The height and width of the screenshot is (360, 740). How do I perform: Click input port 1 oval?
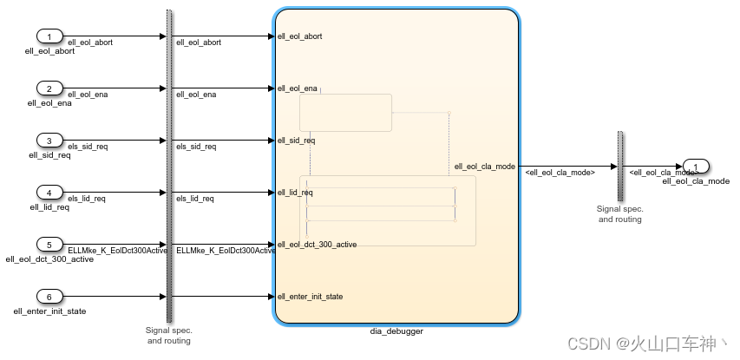pyautogui.click(x=50, y=36)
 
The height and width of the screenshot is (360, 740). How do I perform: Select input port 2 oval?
pyautogui.click(x=50, y=88)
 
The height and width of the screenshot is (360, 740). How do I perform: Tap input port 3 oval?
pyautogui.click(x=50, y=141)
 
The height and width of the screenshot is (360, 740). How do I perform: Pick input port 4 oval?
pyautogui.click(x=50, y=192)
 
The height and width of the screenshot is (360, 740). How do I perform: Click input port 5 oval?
pyautogui.click(x=50, y=244)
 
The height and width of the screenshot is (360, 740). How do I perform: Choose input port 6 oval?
pyautogui.click(x=50, y=296)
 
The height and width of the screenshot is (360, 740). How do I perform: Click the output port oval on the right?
pyautogui.click(x=696, y=166)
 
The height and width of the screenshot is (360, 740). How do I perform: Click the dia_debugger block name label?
pyautogui.click(x=396, y=331)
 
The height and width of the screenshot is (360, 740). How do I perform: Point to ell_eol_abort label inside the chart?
pyautogui.click(x=300, y=36)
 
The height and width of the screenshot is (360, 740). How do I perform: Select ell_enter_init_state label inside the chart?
pyautogui.click(x=310, y=297)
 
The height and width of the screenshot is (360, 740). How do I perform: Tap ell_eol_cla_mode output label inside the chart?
pyautogui.click(x=484, y=166)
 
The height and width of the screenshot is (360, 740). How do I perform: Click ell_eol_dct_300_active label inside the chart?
pyautogui.click(x=317, y=245)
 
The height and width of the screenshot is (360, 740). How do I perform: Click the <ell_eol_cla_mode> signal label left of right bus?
pyautogui.click(x=560, y=173)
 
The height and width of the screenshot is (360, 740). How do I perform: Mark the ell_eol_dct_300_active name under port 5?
pyautogui.click(x=49, y=259)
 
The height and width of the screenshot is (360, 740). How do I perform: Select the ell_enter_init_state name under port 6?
pyautogui.click(x=49, y=311)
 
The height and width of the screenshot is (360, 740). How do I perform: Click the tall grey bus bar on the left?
pyautogui.click(x=169, y=165)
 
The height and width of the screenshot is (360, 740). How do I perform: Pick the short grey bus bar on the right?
pyautogui.click(x=620, y=166)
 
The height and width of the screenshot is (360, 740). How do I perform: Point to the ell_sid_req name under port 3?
pyautogui.click(x=49, y=155)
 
